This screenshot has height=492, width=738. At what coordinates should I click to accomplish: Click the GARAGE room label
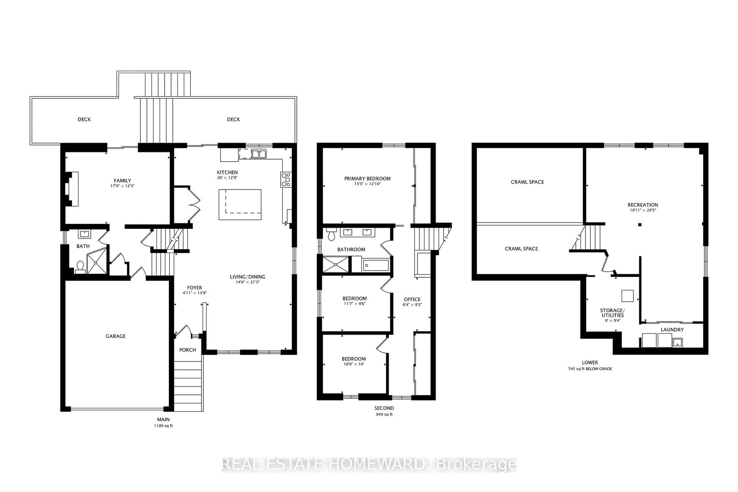pyautogui.click(x=116, y=336)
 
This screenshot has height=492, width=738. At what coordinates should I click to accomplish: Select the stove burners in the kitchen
pyautogui.click(x=286, y=180)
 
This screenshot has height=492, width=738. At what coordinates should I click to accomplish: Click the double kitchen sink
pyautogui.click(x=259, y=154)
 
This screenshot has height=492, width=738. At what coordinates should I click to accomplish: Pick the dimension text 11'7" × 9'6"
pyautogui.click(x=355, y=304)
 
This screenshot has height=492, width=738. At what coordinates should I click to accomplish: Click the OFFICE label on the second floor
pyautogui.click(x=412, y=299)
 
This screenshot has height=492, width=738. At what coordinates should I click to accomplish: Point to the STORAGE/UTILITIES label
pyautogui.click(x=612, y=313)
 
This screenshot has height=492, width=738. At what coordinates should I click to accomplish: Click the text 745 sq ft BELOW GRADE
pyautogui.click(x=590, y=369)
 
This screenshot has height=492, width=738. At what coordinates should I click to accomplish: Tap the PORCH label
pyautogui.click(x=187, y=350)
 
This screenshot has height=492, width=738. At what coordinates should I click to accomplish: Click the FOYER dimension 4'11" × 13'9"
pyautogui.click(x=194, y=293)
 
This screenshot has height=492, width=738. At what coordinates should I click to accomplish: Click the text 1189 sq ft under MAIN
pyautogui.click(x=163, y=426)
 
